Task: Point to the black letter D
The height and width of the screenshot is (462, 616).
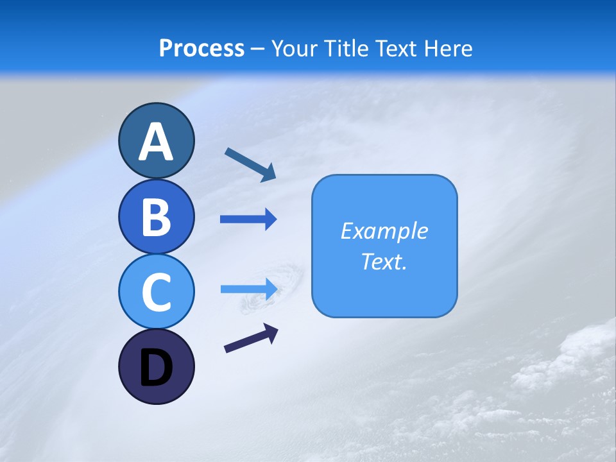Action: (x=156, y=368)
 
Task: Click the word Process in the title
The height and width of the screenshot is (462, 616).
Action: (x=201, y=48)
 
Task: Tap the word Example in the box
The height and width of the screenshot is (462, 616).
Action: (x=384, y=231)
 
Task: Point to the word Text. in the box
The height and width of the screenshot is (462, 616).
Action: (x=384, y=261)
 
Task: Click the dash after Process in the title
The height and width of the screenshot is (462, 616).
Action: (x=258, y=49)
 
